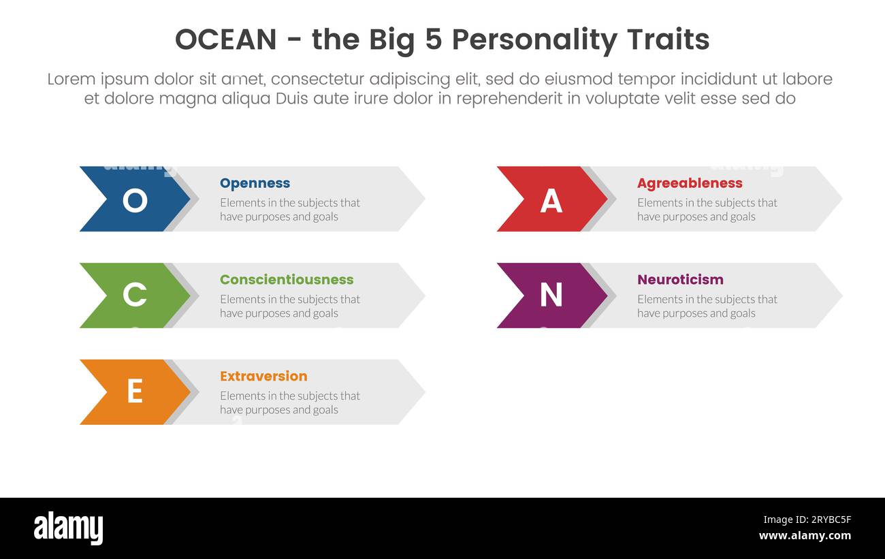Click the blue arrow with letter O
(135, 199)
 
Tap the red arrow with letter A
(551, 199)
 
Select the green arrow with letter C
(135, 296)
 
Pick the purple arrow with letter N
(551, 296)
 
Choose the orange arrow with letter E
(135, 392)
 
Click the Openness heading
(255, 183)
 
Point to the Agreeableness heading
(690, 183)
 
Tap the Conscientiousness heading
(287, 280)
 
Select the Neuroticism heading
(680, 280)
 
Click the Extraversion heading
(263, 377)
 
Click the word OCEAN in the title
(225, 40)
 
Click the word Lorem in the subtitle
(71, 79)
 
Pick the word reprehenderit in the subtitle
(509, 99)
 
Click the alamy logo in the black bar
(68, 528)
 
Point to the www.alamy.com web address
(805, 536)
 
